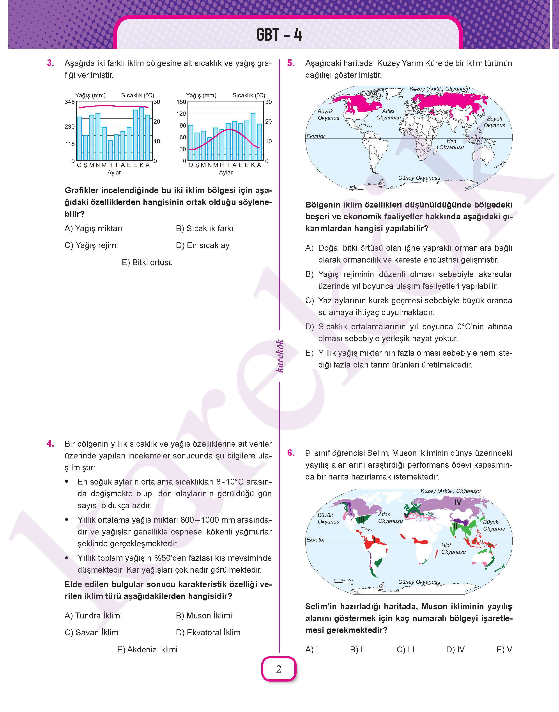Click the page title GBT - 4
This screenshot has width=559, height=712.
click(279, 34)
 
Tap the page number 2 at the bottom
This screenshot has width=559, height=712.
click(279, 669)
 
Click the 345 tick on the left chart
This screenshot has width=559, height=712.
click(69, 102)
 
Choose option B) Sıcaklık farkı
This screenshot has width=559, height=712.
click(205, 229)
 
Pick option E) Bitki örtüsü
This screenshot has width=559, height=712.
click(147, 263)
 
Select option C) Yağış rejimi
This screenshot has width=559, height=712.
click(91, 245)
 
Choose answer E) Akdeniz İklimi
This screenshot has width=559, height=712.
click(147, 650)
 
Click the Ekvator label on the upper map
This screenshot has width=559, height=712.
click(316, 136)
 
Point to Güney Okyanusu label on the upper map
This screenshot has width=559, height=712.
click(419, 178)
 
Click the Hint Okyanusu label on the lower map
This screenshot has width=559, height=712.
click(453, 549)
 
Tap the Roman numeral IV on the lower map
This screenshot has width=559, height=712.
click(458, 502)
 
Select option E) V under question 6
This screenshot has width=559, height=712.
click(504, 650)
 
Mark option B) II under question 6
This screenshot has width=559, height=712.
click(357, 650)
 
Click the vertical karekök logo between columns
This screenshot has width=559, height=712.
click(279, 356)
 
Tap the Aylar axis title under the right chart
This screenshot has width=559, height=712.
click(226, 172)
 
